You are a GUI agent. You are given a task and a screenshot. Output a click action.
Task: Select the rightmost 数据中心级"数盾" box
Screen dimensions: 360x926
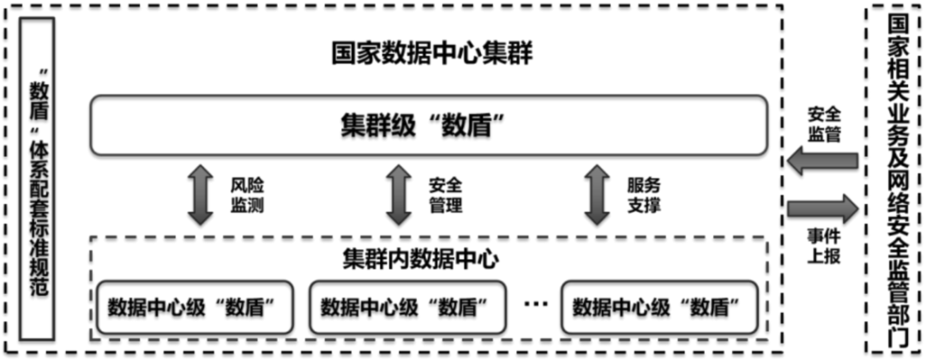tap(656, 305)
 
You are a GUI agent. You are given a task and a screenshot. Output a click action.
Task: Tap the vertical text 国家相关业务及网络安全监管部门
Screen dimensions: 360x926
tap(897, 180)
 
